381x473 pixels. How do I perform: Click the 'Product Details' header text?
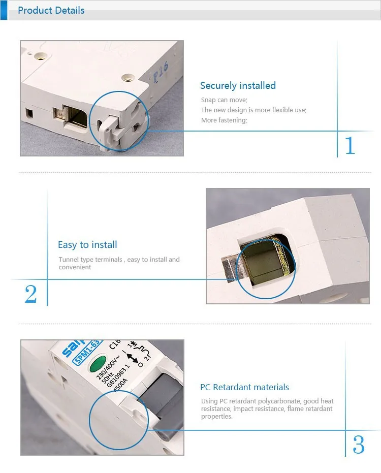(x=51, y=10)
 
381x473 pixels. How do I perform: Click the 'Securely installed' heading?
(x=238, y=86)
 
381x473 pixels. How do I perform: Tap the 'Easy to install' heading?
(x=87, y=245)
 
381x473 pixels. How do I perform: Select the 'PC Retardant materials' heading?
(x=244, y=387)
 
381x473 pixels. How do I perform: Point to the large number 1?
(x=350, y=146)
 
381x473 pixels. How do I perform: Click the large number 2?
(x=31, y=294)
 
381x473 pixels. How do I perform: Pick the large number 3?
(x=359, y=445)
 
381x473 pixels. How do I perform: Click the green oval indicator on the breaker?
(x=98, y=364)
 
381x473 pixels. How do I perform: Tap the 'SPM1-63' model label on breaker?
(x=86, y=352)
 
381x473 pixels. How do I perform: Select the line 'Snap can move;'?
(x=224, y=100)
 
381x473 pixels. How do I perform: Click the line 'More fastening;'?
(x=224, y=120)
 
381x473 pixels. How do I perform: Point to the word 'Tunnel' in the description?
(x=69, y=260)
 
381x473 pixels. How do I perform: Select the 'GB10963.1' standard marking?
(x=118, y=375)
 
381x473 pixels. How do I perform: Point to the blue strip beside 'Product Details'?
(x=4, y=10)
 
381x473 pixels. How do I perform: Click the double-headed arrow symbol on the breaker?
(x=132, y=358)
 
